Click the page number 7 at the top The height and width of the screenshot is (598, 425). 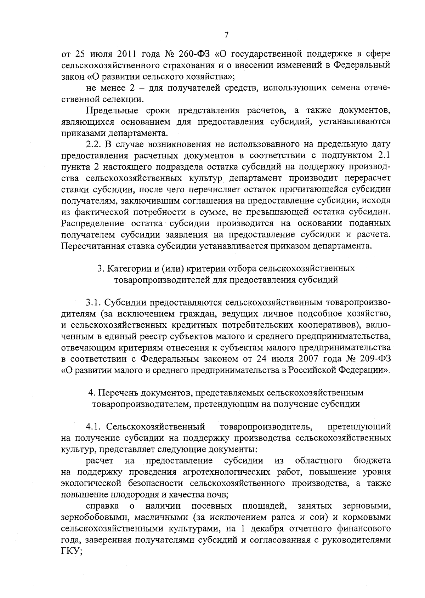pyautogui.click(x=227, y=35)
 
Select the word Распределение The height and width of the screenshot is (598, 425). pyautogui.click(x=93, y=224)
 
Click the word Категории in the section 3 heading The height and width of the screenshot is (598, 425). pyautogui.click(x=124, y=268)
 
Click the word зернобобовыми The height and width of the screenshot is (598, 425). pyautogui.click(x=90, y=517)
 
